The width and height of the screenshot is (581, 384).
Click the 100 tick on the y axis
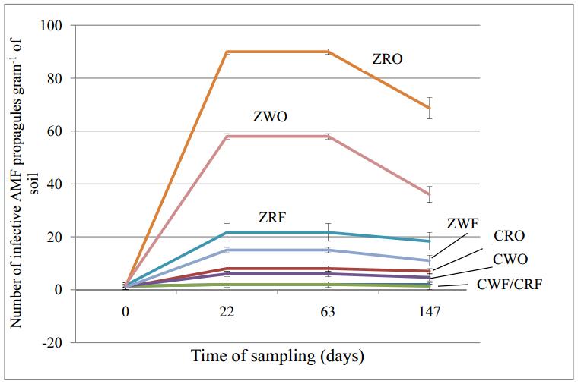[54, 26]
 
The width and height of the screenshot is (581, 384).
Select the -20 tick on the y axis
[54, 343]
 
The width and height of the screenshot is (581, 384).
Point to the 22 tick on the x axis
[227, 311]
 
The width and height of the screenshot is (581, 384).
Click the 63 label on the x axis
[329, 311]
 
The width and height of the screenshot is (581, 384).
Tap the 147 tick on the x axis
[430, 311]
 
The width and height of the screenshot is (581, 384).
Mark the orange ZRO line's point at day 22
[227, 52]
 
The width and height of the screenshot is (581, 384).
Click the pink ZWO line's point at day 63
[329, 136]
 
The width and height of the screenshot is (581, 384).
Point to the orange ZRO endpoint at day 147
[430, 108]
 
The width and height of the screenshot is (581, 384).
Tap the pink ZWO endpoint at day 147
[430, 194]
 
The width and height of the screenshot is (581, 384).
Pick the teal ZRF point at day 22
[227, 232]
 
